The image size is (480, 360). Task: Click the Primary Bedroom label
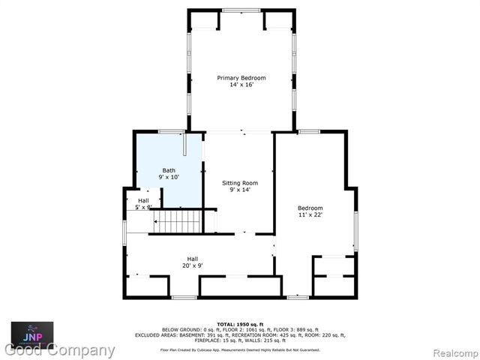[x=241, y=78]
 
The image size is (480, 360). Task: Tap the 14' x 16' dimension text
[x=241, y=85]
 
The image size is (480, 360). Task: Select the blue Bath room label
[x=169, y=170]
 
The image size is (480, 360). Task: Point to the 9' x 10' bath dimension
[x=169, y=177]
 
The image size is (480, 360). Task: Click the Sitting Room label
[x=240, y=183]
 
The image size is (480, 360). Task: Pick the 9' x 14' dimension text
[x=240, y=190]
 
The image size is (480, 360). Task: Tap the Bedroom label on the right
[x=310, y=208]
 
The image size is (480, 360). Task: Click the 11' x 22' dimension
[x=310, y=214]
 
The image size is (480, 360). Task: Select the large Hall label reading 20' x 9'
[x=172, y=259]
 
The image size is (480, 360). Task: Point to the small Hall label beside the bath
[x=143, y=200]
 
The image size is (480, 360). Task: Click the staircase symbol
[x=178, y=222]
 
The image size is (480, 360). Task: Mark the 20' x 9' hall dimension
[x=172, y=265]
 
